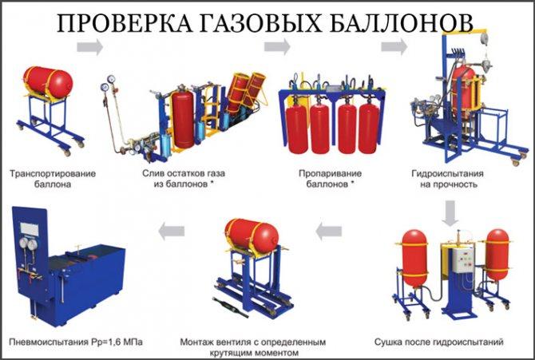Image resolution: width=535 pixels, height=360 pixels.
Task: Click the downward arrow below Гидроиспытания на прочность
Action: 450,211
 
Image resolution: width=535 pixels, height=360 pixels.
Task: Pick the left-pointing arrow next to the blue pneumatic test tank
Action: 171,231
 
